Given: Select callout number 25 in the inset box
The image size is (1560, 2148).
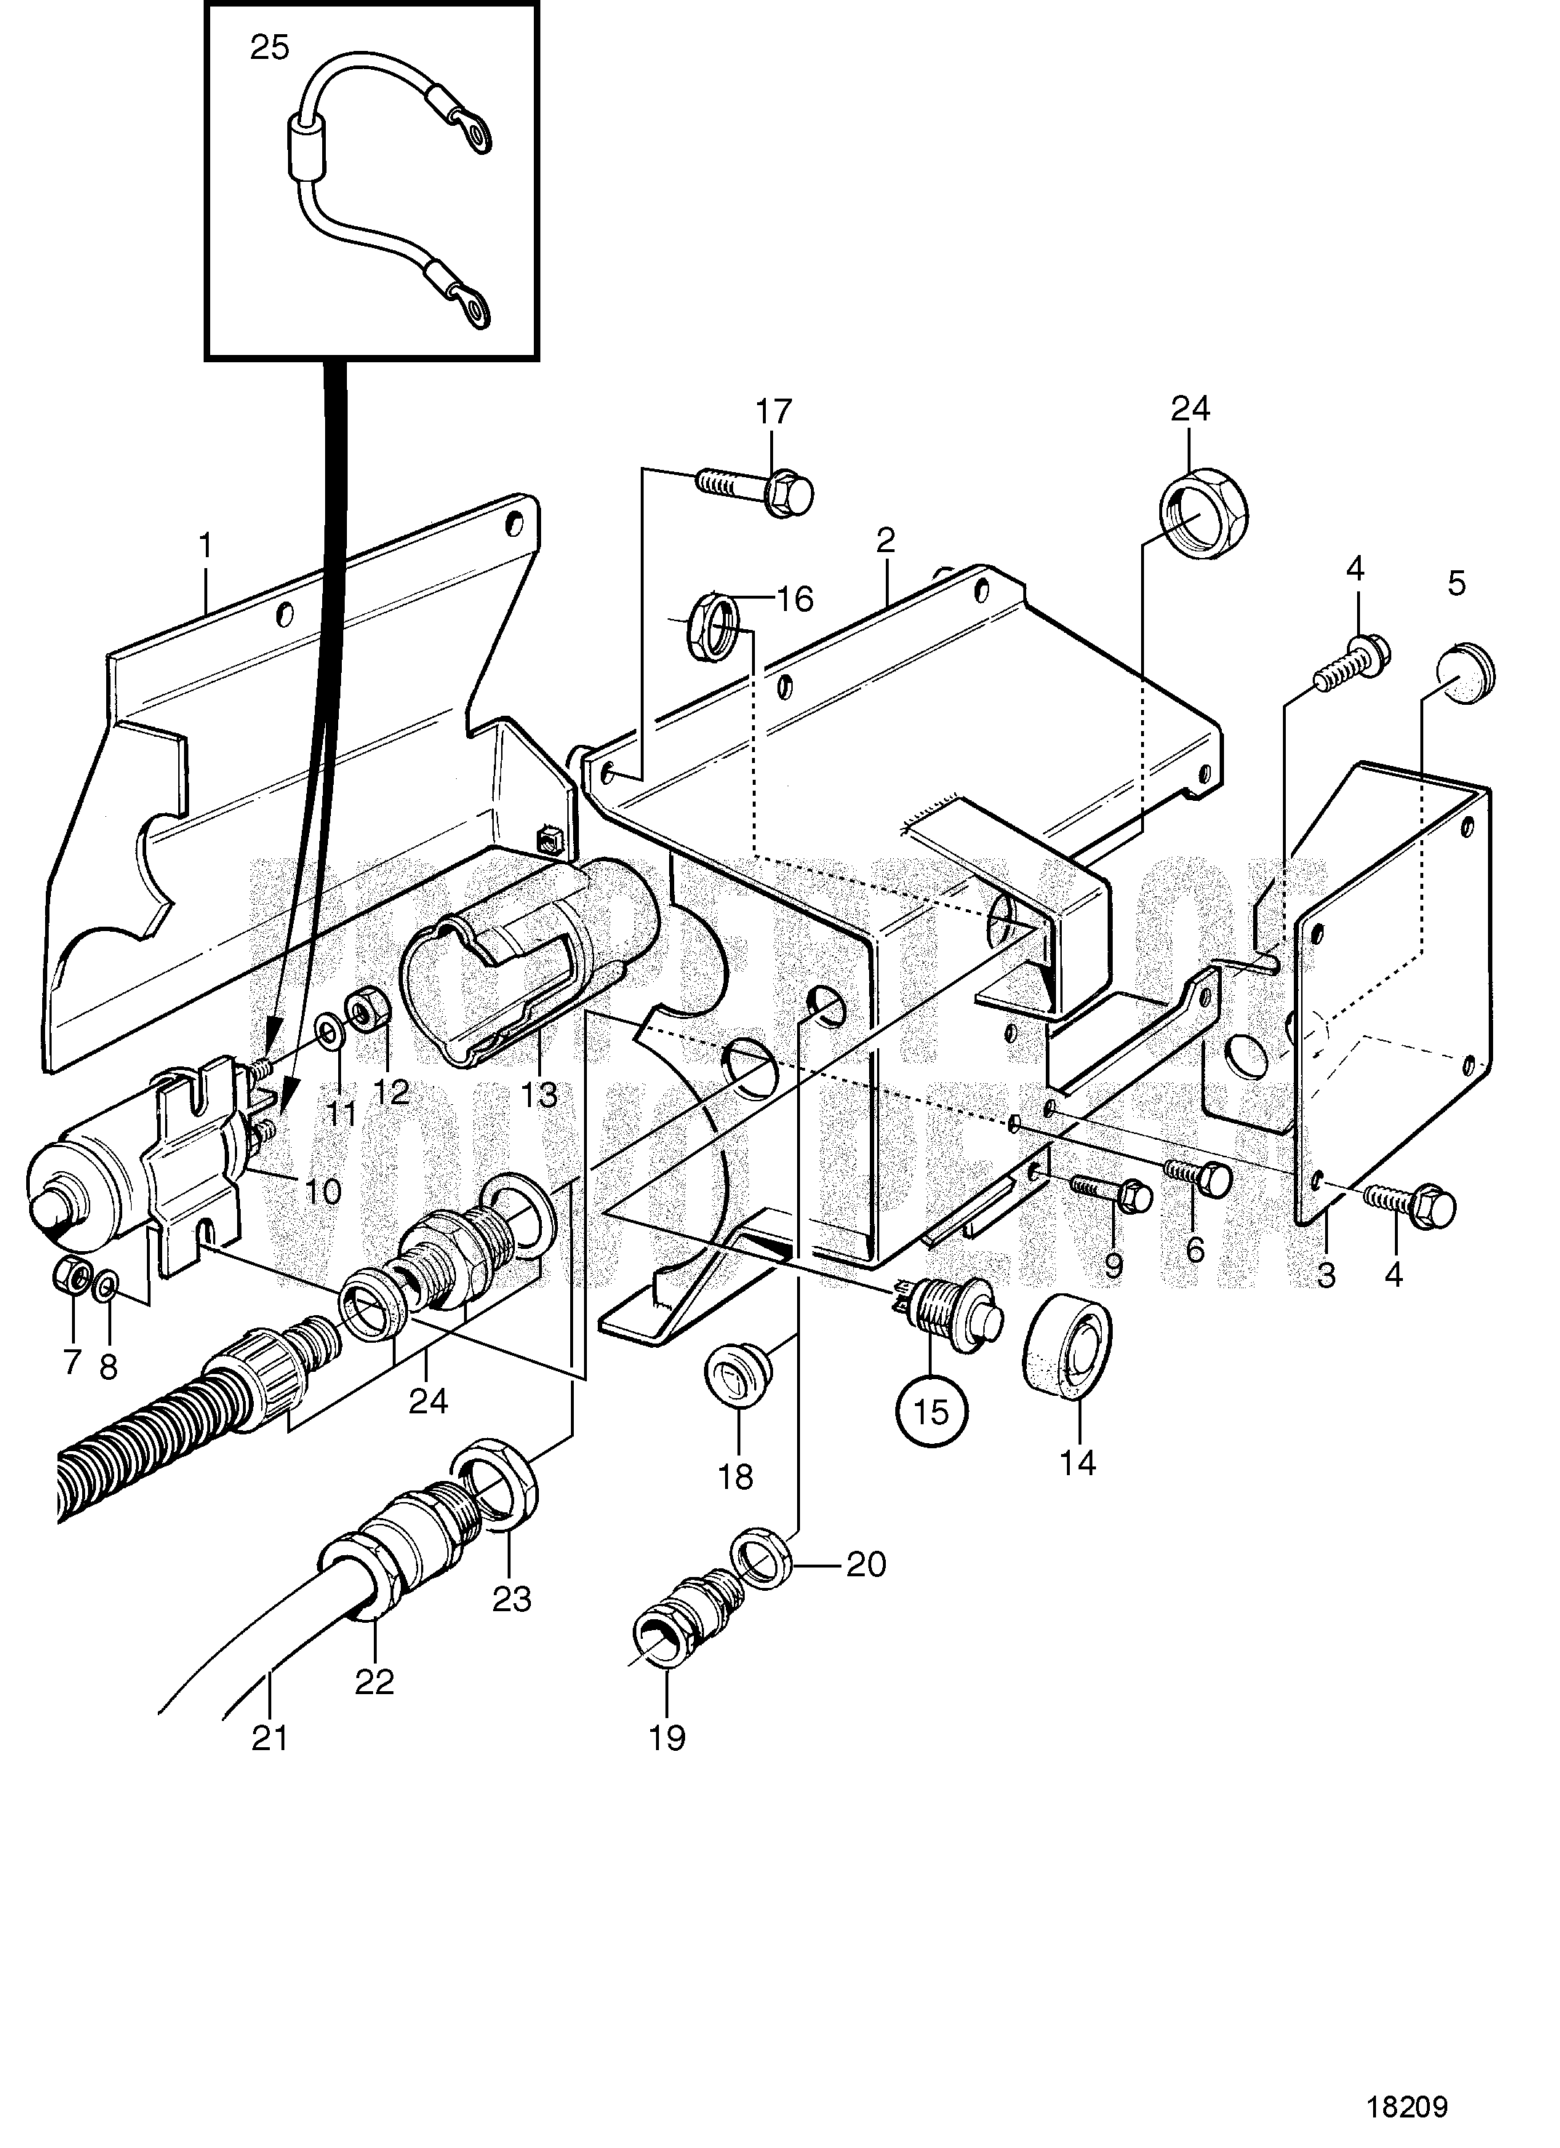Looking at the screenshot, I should click(x=270, y=47).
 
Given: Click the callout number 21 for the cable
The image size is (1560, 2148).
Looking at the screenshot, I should click(x=269, y=1738).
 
